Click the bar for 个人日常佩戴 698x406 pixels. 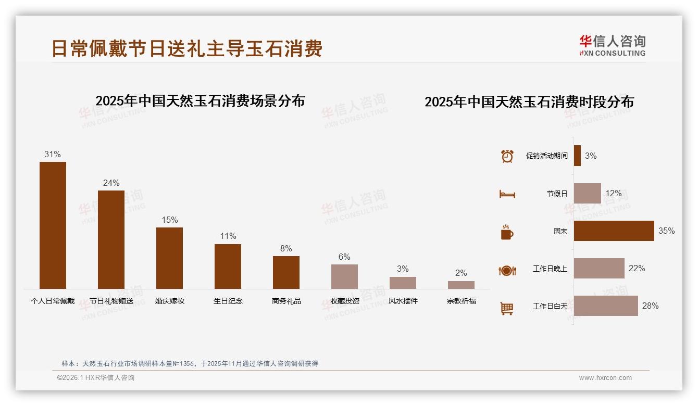53,225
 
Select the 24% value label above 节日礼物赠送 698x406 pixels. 111,183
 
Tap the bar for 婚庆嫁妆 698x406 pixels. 169,258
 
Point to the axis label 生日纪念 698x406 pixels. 228,301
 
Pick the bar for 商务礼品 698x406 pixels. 286,272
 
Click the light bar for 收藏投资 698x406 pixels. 344,276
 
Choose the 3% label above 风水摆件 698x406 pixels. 403,269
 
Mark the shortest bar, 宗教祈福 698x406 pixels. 461,285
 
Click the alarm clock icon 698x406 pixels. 507,156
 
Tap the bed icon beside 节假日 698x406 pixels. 507,194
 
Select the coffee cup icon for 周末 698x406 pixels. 507,232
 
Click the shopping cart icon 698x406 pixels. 507,308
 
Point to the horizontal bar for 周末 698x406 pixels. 614,231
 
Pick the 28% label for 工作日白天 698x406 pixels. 650,306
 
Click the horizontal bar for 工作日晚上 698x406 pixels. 599,269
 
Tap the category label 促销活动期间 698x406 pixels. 546,156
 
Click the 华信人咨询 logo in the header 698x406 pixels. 612,45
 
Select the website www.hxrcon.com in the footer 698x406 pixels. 605,378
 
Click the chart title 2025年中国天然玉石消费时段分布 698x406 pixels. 529,102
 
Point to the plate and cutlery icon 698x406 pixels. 507,270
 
